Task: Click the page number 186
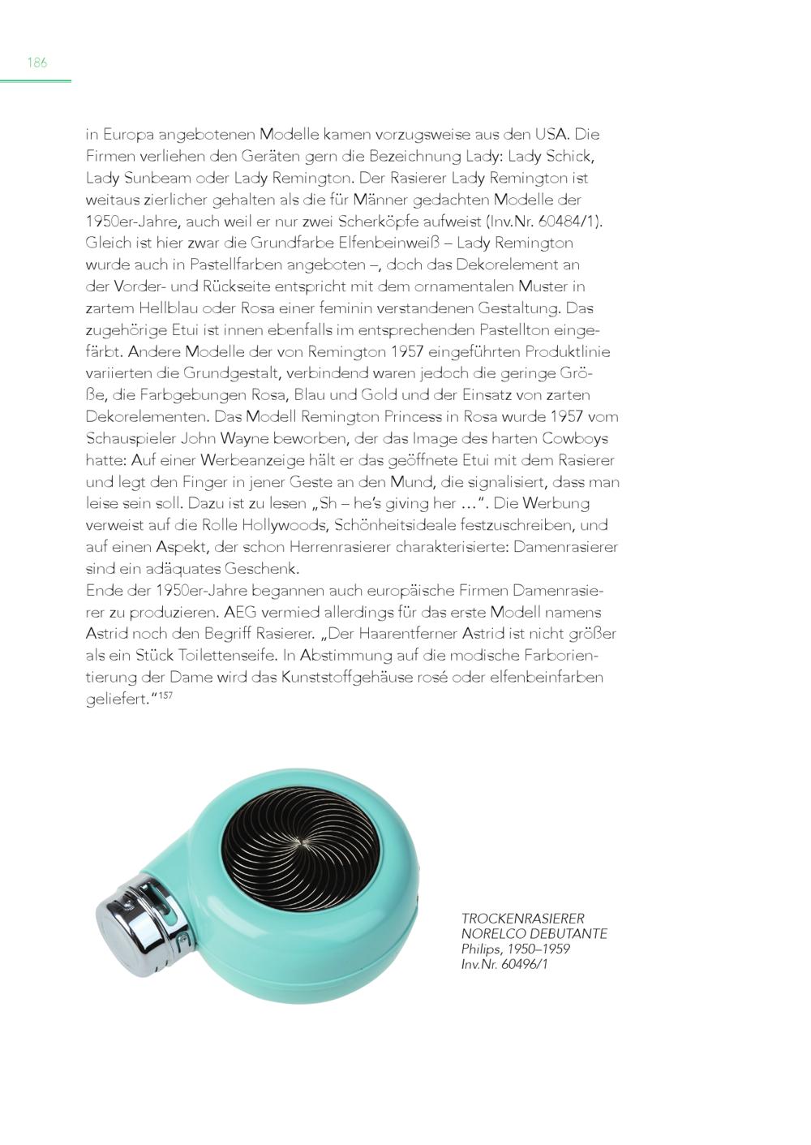coord(37,62)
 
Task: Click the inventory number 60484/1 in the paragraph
coord(567,221)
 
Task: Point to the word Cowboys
coord(581,438)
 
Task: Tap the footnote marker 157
coord(165,695)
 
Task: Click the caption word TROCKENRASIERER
coord(522,919)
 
